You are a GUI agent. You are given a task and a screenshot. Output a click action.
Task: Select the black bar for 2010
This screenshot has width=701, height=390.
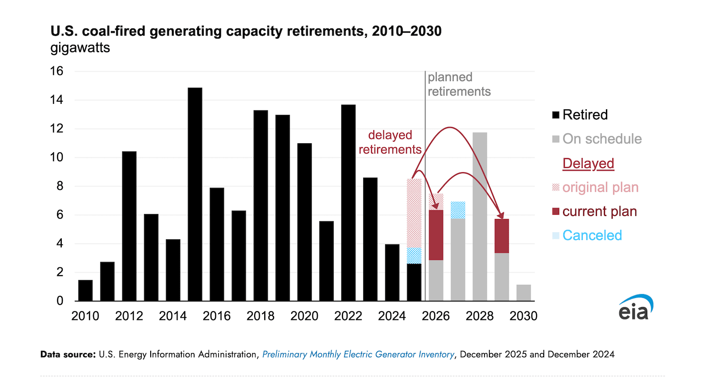[85, 291]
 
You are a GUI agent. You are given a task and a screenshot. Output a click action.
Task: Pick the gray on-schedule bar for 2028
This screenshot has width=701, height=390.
[480, 216]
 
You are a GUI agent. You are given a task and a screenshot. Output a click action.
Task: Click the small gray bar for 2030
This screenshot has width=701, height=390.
[524, 293]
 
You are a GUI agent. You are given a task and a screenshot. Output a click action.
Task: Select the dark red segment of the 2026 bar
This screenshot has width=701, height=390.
[436, 235]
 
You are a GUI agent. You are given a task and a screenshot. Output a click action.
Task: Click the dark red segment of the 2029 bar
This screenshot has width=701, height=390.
[502, 236]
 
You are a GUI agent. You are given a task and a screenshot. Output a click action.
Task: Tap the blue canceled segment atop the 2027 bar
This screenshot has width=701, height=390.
[458, 210]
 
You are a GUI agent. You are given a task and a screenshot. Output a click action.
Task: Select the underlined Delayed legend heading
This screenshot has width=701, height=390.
[588, 163]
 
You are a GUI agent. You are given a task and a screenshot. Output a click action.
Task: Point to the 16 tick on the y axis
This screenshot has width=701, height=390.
[57, 71]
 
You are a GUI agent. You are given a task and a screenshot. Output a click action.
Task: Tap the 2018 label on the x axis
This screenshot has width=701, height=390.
[260, 316]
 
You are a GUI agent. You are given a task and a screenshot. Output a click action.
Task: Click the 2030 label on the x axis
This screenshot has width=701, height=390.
[523, 316]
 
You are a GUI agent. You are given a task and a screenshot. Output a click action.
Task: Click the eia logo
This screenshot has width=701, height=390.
[635, 308]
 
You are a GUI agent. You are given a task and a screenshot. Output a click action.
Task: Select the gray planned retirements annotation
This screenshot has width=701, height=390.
[459, 84]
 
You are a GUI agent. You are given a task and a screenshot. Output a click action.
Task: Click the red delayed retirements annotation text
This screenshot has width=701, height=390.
[390, 142]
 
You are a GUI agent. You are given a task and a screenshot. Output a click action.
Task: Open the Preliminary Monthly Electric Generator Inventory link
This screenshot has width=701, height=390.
[358, 355]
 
